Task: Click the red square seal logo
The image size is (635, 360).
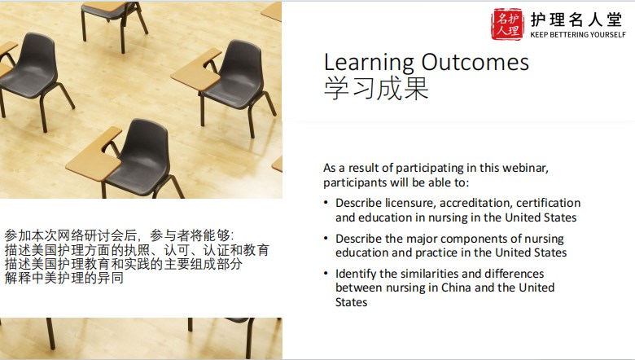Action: point(506,24)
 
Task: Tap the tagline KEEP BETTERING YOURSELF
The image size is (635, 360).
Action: point(578,35)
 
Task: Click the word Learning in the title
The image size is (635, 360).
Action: point(369,63)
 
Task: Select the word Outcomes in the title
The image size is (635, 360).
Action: point(475,63)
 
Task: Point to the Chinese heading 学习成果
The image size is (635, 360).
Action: point(376,88)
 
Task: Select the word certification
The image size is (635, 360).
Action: point(549,203)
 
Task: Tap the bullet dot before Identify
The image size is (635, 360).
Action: point(326,274)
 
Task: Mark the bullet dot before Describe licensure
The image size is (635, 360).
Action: point(326,202)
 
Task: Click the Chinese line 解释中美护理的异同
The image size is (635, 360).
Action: point(64,279)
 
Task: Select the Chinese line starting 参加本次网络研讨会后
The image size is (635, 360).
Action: point(120,235)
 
